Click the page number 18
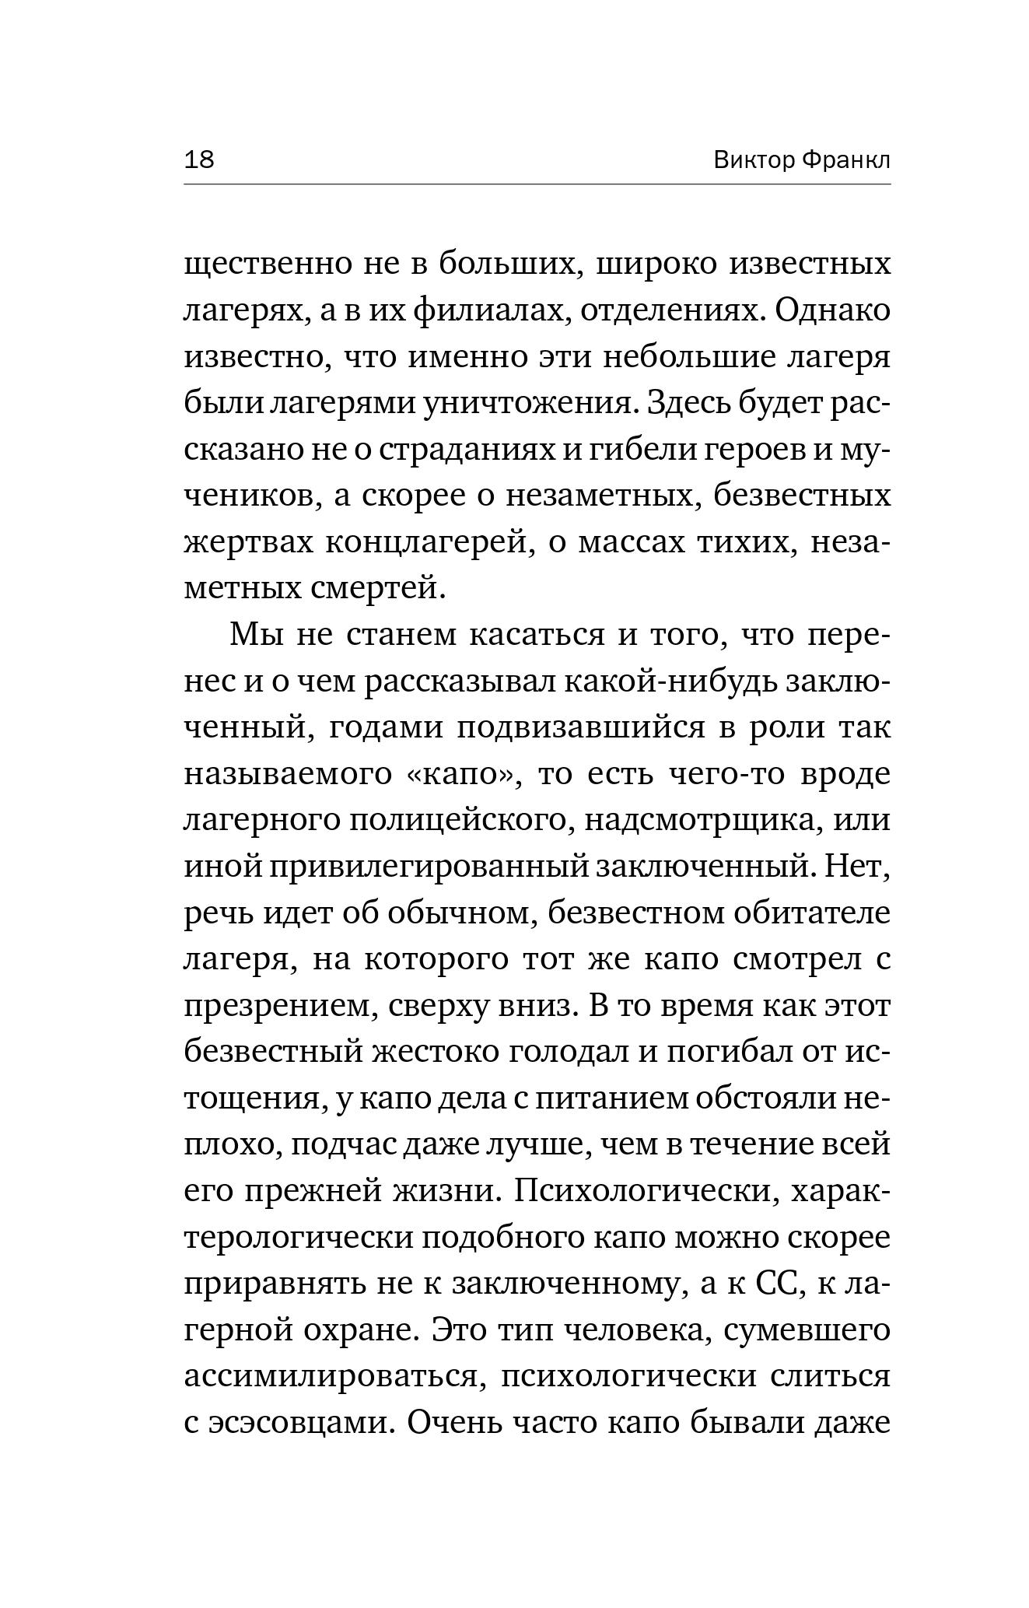[x=199, y=160]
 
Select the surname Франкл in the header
[x=845, y=160]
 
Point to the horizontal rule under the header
[x=537, y=184]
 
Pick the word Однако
[x=833, y=311]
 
